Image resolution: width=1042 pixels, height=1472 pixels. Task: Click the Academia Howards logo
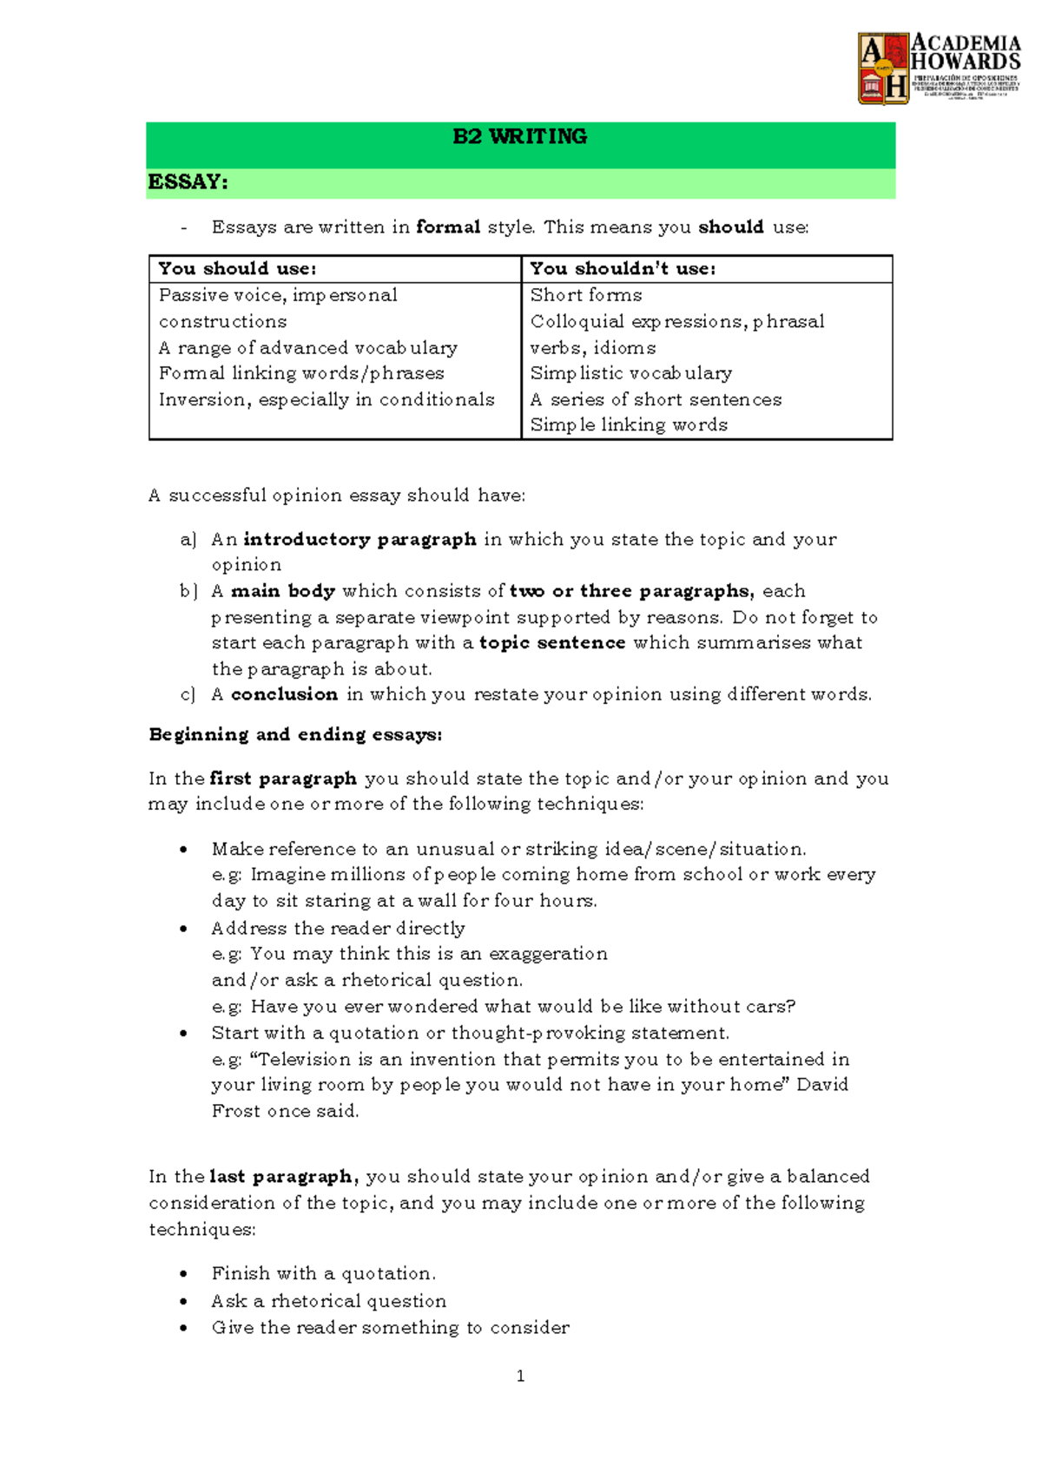[x=938, y=68]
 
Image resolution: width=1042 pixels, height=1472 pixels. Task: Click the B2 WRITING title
[x=519, y=136]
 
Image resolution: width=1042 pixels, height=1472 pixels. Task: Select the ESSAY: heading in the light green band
[x=188, y=182]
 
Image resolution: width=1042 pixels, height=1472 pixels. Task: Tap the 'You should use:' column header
[x=237, y=269]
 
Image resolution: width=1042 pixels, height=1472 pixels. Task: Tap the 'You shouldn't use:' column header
[x=623, y=269]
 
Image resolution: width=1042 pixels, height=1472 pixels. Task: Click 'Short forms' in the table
[x=586, y=295]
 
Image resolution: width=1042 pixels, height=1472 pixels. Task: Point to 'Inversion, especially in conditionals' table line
[x=326, y=399]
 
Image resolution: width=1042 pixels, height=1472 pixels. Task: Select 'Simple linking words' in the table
[x=629, y=425]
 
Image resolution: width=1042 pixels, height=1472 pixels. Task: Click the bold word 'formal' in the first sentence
[x=448, y=227]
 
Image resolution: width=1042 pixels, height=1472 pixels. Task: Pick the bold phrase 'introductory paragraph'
[x=359, y=539]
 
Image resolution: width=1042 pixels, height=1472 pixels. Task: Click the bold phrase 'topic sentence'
[x=552, y=643]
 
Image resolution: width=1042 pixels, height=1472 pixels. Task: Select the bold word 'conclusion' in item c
[x=284, y=694]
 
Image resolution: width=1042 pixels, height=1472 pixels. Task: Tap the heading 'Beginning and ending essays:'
[x=295, y=734]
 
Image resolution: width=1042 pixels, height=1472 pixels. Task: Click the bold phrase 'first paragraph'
[x=283, y=779]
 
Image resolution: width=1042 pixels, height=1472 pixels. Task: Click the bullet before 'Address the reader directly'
[x=183, y=929]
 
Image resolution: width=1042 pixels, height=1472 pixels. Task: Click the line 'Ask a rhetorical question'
[x=329, y=1301]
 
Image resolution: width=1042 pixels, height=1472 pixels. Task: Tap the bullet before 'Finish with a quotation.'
[x=183, y=1274]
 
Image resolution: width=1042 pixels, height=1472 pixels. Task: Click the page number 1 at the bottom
[x=520, y=1376]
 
